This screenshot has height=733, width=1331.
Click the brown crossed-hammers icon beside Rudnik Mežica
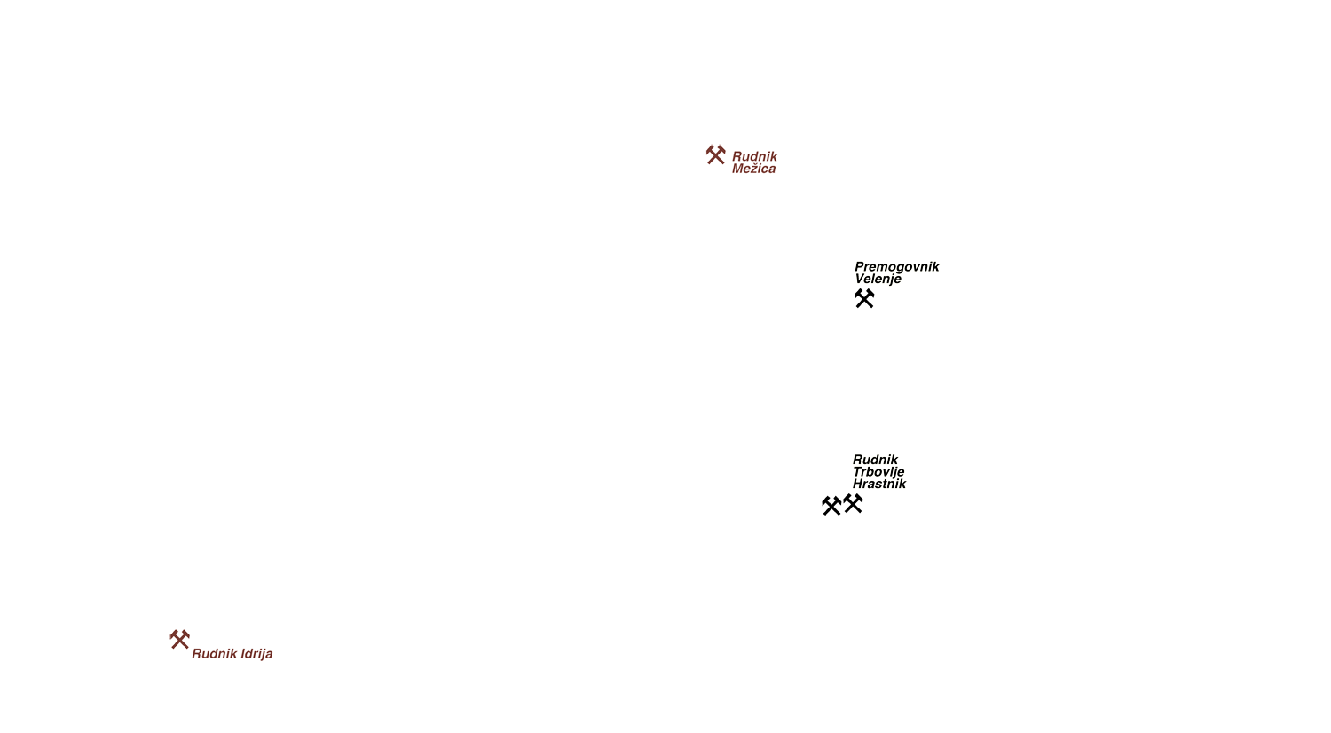coord(715,154)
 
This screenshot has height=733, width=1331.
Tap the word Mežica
coord(753,169)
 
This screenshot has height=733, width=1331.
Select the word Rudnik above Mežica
coord(754,156)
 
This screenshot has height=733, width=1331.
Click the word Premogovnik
coord(896,267)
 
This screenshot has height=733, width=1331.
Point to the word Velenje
coord(878,279)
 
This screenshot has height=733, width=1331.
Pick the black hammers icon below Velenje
coord(864,298)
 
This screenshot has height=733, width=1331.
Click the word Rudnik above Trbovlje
coord(875,460)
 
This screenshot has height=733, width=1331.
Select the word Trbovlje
coord(878,472)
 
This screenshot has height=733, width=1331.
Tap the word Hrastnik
coord(878,484)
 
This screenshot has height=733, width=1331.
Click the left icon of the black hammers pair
coord(831,505)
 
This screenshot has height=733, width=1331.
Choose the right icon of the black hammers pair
coord(853,503)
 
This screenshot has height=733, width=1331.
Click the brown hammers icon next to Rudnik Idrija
coord(179,639)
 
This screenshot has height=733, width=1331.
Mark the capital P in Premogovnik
coord(860,267)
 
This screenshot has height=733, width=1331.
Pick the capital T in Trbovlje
coord(858,472)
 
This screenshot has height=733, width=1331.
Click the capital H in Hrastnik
coord(859,484)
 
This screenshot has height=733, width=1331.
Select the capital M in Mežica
coord(738,169)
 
